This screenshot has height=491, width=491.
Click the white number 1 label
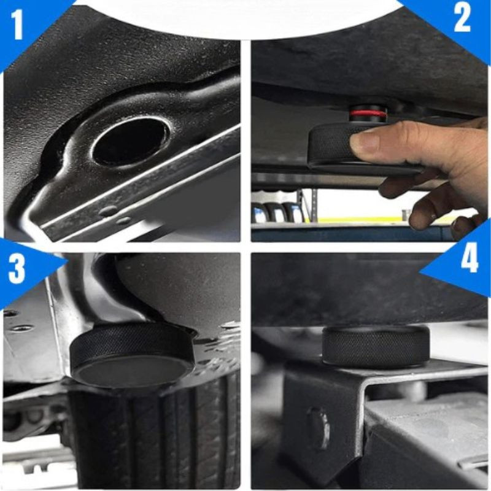pos(18,24)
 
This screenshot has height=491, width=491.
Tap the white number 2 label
pos(462,17)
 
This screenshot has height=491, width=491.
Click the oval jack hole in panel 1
pos(131,142)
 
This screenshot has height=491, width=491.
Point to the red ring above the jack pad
pos(368,114)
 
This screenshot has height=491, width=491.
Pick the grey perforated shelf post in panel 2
pos(300,207)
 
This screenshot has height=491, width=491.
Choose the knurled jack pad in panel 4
pos(376,347)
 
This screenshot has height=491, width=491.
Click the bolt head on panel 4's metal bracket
pos(317,428)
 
